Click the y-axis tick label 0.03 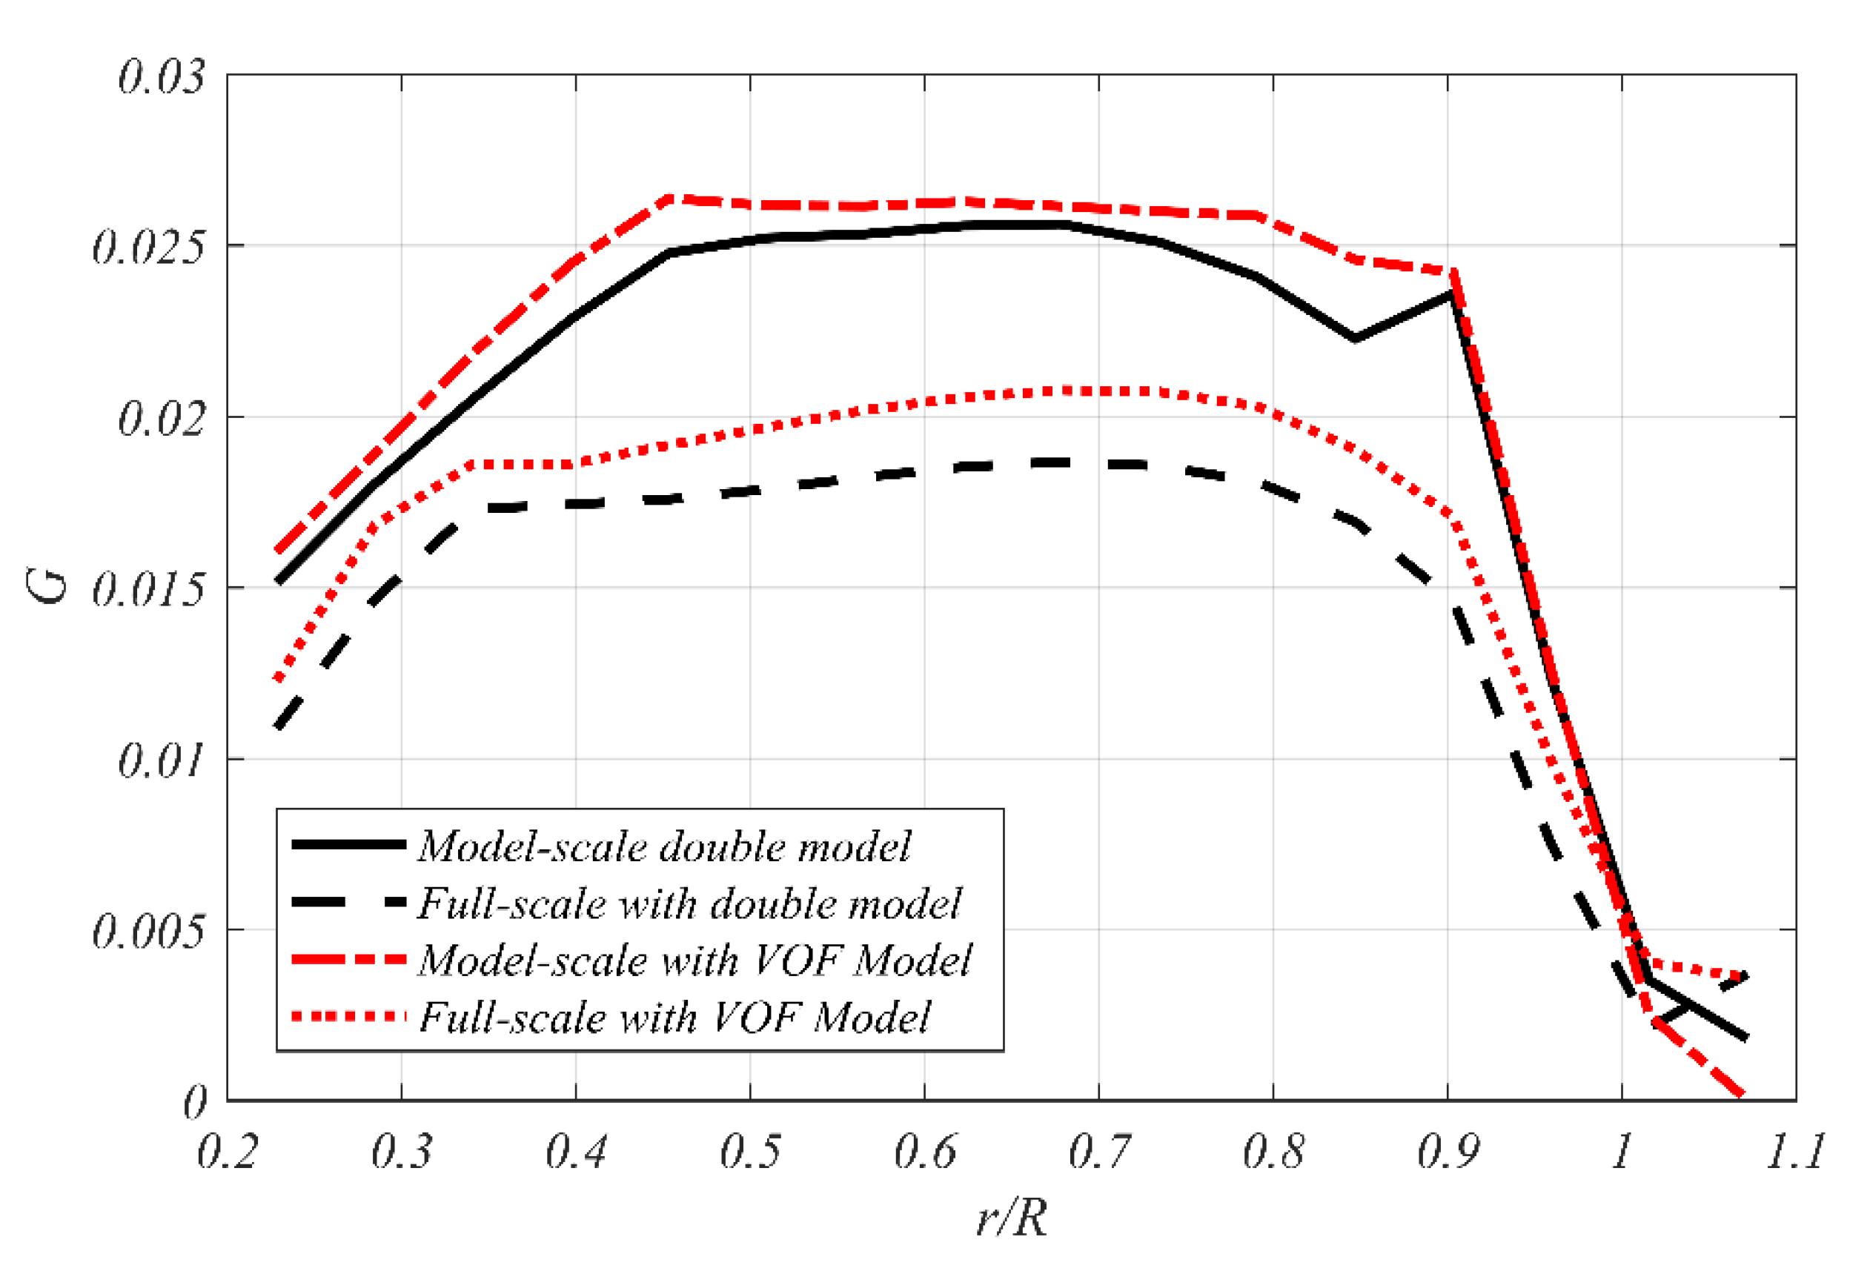tap(161, 78)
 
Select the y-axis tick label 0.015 tap(148, 591)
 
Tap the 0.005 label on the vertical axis tap(148, 932)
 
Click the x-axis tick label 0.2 tap(227, 1152)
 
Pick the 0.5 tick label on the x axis tap(749, 1152)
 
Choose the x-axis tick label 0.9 tap(1448, 1152)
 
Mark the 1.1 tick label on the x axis tap(1795, 1152)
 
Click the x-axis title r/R tap(1012, 1218)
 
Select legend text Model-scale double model tap(664, 846)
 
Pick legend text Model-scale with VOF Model tap(694, 960)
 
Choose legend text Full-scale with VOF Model tap(674, 1017)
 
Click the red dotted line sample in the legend tap(348, 1017)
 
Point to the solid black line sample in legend tap(348, 845)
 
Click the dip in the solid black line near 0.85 tap(1355, 339)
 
